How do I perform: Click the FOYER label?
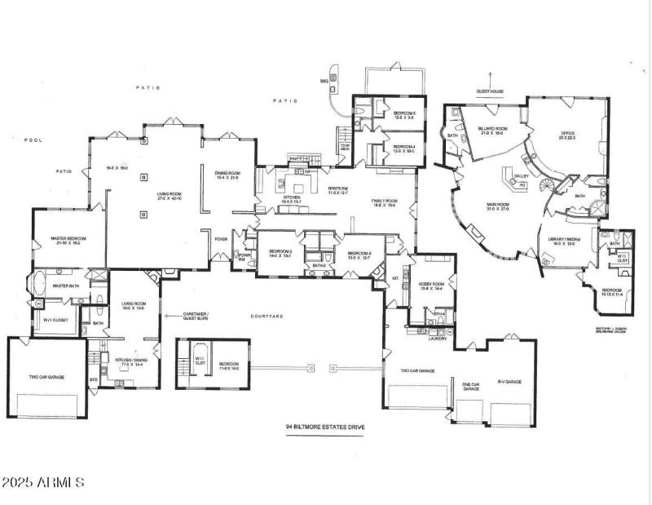[219, 240]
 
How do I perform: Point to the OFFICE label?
[566, 133]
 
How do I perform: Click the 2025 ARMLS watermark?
[42, 483]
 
